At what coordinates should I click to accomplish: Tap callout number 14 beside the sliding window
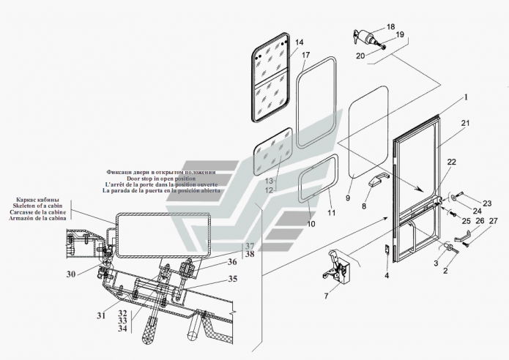click(x=298, y=43)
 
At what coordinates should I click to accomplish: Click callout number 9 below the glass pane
click(x=348, y=196)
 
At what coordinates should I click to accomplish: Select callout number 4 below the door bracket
click(x=386, y=276)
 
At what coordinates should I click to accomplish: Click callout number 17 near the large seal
click(x=305, y=56)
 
